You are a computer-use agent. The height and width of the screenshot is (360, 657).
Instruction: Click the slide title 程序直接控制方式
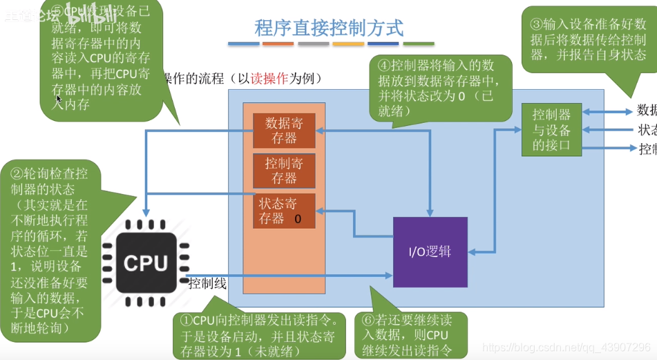click(x=328, y=28)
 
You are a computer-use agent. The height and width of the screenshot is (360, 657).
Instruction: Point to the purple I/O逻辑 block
click(x=430, y=252)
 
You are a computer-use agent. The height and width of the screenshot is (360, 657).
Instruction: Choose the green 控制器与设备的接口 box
click(x=551, y=130)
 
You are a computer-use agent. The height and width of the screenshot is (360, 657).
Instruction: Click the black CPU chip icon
click(x=145, y=263)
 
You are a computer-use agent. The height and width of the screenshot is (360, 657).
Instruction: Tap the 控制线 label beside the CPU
click(x=207, y=283)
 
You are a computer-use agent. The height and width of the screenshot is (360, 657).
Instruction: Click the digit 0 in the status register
click(x=298, y=219)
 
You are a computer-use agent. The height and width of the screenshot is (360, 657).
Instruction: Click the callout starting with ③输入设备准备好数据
click(x=588, y=39)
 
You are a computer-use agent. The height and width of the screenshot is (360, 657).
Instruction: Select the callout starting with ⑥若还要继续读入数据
click(x=411, y=335)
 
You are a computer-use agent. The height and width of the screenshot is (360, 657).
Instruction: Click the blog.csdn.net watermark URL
click(x=566, y=348)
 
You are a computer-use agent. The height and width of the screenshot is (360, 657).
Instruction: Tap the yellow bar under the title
click(x=348, y=44)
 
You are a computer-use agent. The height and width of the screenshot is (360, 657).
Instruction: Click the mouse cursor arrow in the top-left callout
click(x=59, y=99)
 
